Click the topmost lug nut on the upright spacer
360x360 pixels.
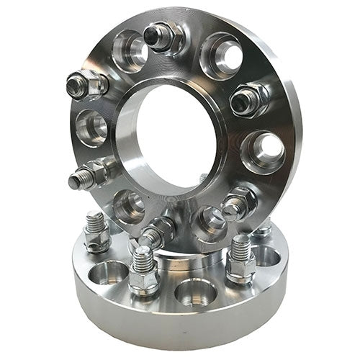point(165,37)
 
